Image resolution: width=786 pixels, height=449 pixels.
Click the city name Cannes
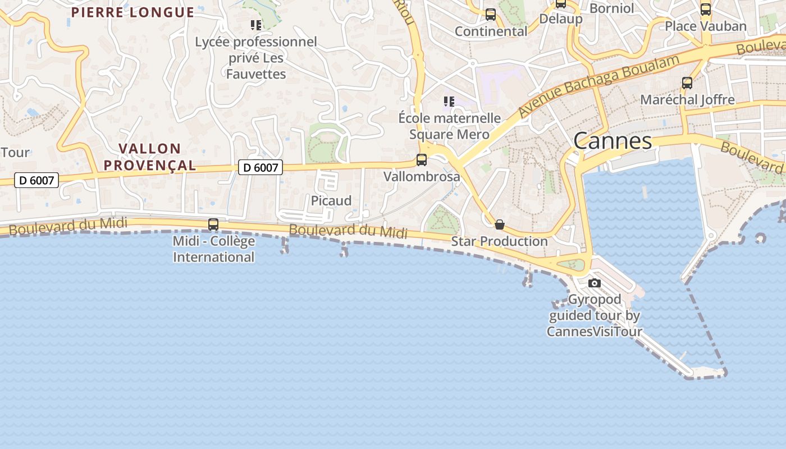tap(613, 141)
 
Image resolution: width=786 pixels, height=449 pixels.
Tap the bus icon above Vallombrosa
tap(422, 160)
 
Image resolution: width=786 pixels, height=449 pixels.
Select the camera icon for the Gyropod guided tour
tap(595, 283)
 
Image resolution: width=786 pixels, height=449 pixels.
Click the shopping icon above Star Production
tap(499, 224)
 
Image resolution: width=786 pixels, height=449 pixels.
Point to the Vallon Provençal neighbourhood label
tap(150, 157)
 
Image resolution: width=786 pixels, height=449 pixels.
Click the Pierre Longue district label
tap(132, 12)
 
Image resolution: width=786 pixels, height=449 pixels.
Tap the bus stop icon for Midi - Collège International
tap(213, 224)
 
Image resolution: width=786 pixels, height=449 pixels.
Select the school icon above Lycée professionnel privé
tap(256, 25)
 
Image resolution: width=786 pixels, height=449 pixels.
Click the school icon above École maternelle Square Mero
tap(449, 102)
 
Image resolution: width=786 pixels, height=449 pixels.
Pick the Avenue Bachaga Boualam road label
tap(600, 85)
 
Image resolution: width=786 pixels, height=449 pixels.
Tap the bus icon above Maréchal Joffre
tap(687, 83)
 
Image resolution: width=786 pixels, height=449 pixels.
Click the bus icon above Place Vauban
tap(706, 10)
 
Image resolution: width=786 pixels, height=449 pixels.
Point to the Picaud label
tap(331, 201)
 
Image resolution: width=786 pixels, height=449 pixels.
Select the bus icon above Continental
tap(491, 15)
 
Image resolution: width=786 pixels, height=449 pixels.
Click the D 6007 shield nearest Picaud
tap(260, 167)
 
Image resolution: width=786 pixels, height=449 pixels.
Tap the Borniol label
tap(611, 8)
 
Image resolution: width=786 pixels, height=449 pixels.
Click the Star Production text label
tap(499, 241)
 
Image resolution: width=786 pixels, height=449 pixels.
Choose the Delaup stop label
tap(560, 19)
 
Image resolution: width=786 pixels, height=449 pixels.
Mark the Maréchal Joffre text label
tap(687, 100)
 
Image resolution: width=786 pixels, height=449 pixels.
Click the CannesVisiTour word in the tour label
tap(594, 331)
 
